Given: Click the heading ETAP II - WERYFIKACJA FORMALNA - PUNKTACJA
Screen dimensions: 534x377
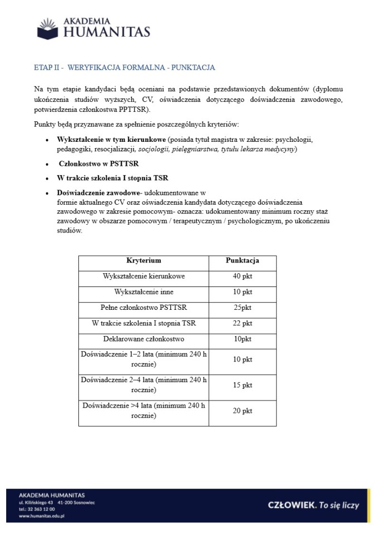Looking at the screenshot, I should [125, 68].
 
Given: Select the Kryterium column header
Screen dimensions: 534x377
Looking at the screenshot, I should [143, 260].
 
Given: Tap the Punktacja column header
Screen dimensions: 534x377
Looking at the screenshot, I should [242, 260].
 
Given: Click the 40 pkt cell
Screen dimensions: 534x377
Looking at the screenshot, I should [242, 276].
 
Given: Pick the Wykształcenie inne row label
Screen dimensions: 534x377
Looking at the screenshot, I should [144, 291].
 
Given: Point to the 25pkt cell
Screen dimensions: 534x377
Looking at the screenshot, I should [242, 307].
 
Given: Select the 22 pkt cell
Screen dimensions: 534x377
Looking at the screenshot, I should [242, 323].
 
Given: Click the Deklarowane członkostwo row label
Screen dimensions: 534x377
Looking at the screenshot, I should [144, 339].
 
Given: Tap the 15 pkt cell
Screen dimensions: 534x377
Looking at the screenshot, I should [242, 385].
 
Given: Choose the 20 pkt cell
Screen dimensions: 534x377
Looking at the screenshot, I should [242, 411].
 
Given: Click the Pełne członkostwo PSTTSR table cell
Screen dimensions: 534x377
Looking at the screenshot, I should [144, 307].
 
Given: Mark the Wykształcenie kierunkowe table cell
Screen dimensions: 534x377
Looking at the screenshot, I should [144, 276].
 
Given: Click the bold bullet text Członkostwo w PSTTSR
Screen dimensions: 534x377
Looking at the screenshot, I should [98, 164].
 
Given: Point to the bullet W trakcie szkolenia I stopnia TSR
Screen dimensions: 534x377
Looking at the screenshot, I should [112, 178].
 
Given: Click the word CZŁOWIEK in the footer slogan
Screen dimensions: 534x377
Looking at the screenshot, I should [292, 505].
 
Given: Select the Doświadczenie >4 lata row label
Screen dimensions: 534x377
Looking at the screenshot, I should [144, 411].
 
